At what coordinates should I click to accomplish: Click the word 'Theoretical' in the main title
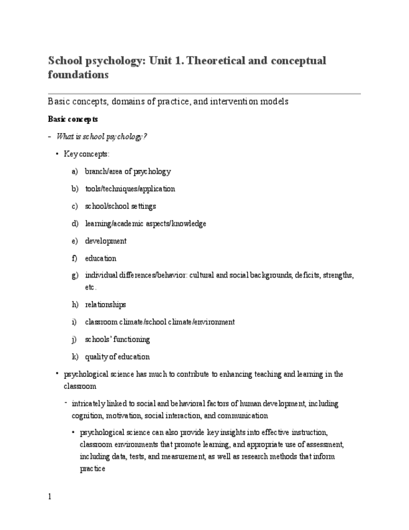[x=217, y=61]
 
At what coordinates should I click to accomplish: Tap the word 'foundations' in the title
[x=79, y=75]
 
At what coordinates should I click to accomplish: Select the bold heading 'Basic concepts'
[x=72, y=119]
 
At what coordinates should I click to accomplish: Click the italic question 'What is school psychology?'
[x=102, y=136]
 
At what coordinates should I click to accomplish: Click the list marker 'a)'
[x=75, y=171]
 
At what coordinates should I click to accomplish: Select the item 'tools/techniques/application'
[x=130, y=189]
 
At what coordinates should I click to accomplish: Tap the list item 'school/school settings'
[x=121, y=206]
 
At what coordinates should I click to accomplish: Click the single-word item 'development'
[x=106, y=241]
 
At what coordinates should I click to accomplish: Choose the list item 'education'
[x=101, y=259]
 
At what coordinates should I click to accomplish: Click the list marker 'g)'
[x=75, y=275]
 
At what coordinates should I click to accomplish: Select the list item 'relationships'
[x=106, y=305]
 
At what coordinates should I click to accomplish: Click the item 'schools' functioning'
[x=117, y=340]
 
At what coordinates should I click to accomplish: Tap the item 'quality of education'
[x=117, y=357]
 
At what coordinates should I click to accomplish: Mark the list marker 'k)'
[x=75, y=357]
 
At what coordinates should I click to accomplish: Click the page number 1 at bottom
[x=50, y=497]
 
